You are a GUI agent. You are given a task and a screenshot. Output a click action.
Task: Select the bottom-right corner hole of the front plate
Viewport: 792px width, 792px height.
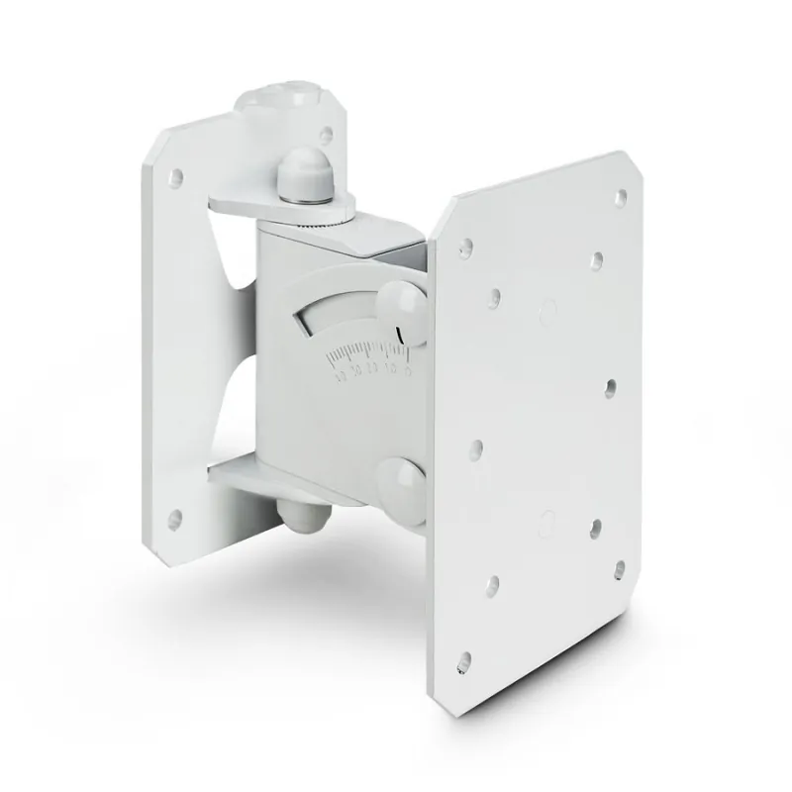click(620, 568)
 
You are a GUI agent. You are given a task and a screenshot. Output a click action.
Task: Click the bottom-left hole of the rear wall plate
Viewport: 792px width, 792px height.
click(176, 516)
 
